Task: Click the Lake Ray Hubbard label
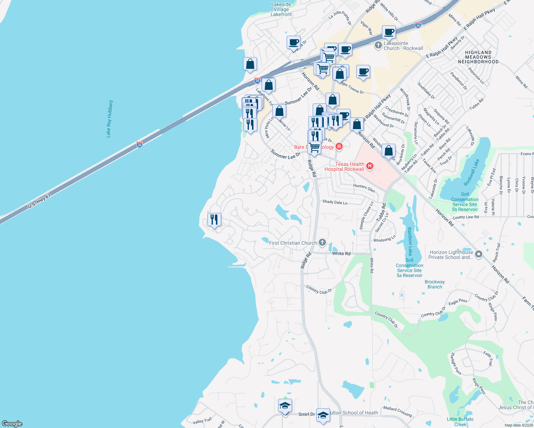[x=110, y=119]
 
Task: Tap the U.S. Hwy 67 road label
[x=39, y=201]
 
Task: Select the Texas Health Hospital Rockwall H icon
[x=370, y=166]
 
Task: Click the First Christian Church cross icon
[x=322, y=243]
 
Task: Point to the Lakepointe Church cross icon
[x=378, y=45]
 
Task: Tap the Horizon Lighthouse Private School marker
[x=479, y=254]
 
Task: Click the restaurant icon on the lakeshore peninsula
[x=214, y=219]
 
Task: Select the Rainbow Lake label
[x=410, y=241]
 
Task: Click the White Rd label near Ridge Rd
[x=341, y=254]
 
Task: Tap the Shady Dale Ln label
[x=335, y=202]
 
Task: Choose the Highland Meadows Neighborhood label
[x=478, y=57]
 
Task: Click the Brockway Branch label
[x=435, y=284]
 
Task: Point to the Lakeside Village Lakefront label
[x=281, y=10]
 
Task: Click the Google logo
[x=12, y=424]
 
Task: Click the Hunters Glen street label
[x=364, y=188]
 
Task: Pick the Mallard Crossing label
[x=397, y=411]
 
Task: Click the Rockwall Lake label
[x=471, y=172]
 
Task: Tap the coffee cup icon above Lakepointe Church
[x=389, y=32]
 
